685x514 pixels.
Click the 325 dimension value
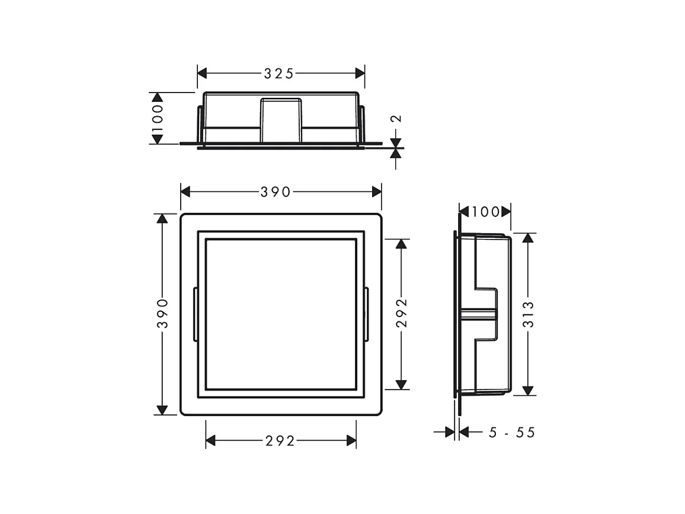tap(279, 74)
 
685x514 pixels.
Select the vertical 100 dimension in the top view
tap(157, 118)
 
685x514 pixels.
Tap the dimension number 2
tap(396, 119)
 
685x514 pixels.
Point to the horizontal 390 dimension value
tap(276, 191)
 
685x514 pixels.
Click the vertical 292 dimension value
tap(402, 314)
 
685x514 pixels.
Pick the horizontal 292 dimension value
tap(280, 441)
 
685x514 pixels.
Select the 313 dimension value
tap(529, 314)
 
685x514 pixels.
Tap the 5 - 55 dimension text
tap(511, 433)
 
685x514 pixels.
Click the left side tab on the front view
tap(195, 314)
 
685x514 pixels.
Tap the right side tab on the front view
tap(367, 314)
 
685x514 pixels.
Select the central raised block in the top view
tap(281, 120)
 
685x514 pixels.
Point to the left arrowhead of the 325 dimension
tap(202, 74)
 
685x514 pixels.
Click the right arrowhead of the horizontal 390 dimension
tap(377, 191)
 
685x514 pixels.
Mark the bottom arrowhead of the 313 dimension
tap(529, 391)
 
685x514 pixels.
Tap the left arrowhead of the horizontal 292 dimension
tap(210, 441)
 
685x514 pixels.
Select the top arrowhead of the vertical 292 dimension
tap(402, 244)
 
